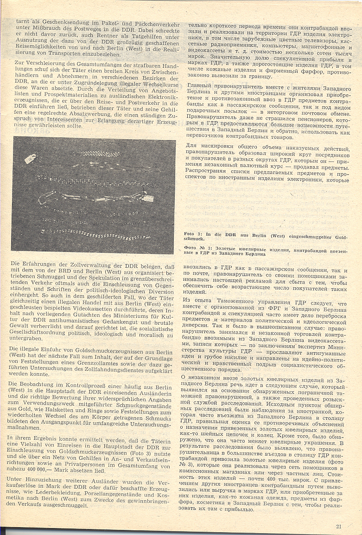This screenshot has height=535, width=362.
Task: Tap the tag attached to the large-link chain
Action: tap(147, 198)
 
